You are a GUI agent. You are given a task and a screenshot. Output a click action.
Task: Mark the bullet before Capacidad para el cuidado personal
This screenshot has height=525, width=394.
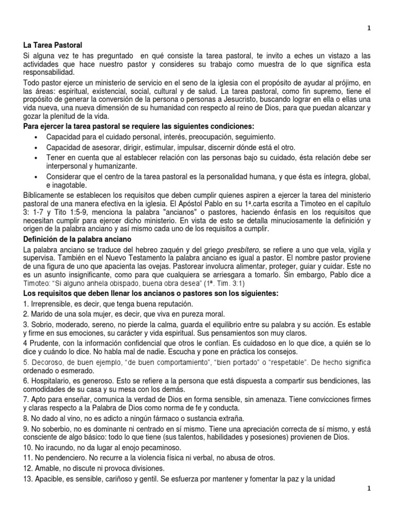36,137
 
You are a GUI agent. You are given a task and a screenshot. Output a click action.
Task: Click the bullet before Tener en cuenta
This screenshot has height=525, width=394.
36,157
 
